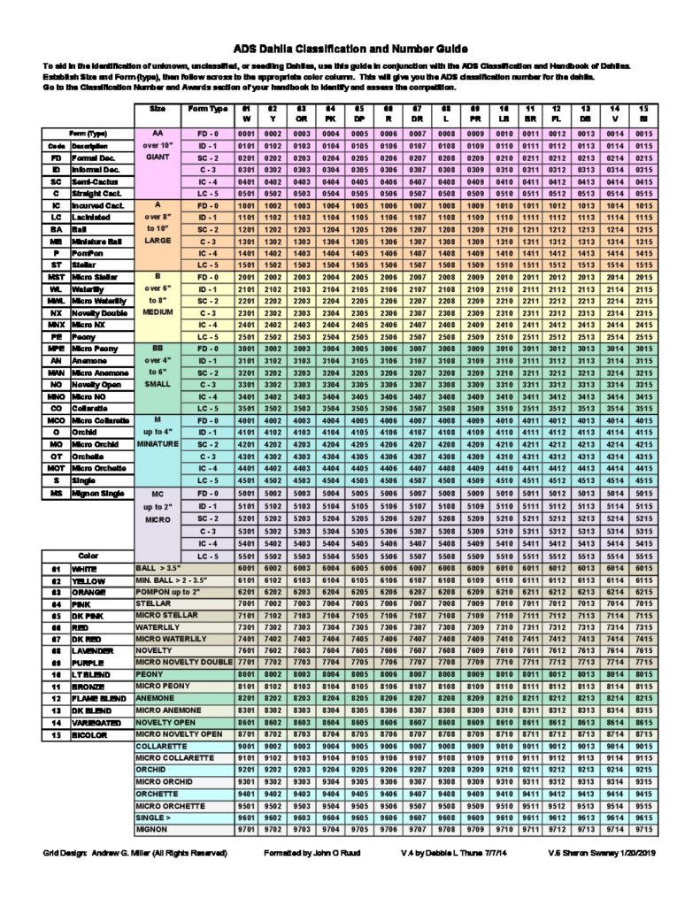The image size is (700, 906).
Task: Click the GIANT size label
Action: [x=158, y=156]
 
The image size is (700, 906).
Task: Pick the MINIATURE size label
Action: [x=158, y=442]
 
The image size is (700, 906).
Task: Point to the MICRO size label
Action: [x=158, y=520]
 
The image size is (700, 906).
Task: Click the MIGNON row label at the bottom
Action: [x=152, y=831]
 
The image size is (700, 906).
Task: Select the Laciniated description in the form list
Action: [x=92, y=216]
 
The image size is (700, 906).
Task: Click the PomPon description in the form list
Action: [x=88, y=250]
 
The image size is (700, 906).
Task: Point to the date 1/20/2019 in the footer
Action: [x=629, y=854]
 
